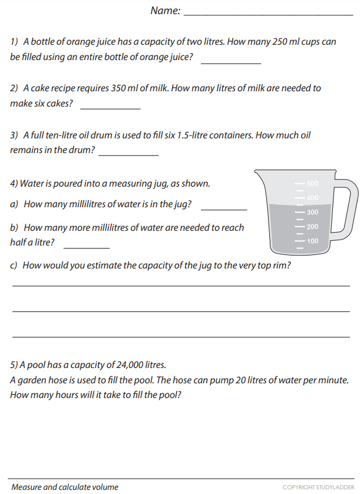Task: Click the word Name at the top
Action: click(x=164, y=11)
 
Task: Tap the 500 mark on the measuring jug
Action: click(x=312, y=183)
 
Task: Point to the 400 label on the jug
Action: click(x=312, y=198)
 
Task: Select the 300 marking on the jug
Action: click(x=312, y=212)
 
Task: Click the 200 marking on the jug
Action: click(x=312, y=227)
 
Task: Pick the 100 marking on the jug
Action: click(x=312, y=241)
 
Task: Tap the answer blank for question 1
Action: click(x=231, y=62)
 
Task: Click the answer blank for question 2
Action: click(x=110, y=108)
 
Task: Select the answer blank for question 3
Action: click(x=129, y=154)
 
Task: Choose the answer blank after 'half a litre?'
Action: click(x=86, y=247)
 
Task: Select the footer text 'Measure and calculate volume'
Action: click(x=65, y=487)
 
